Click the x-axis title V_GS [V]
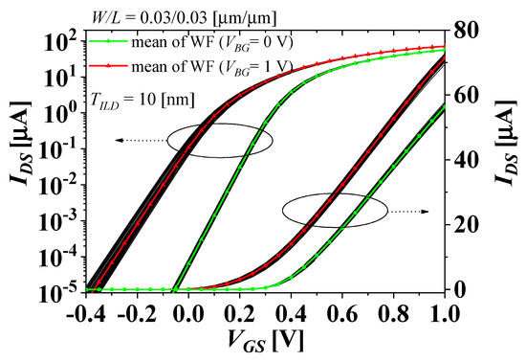258,343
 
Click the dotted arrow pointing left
138,139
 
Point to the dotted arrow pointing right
402,211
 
